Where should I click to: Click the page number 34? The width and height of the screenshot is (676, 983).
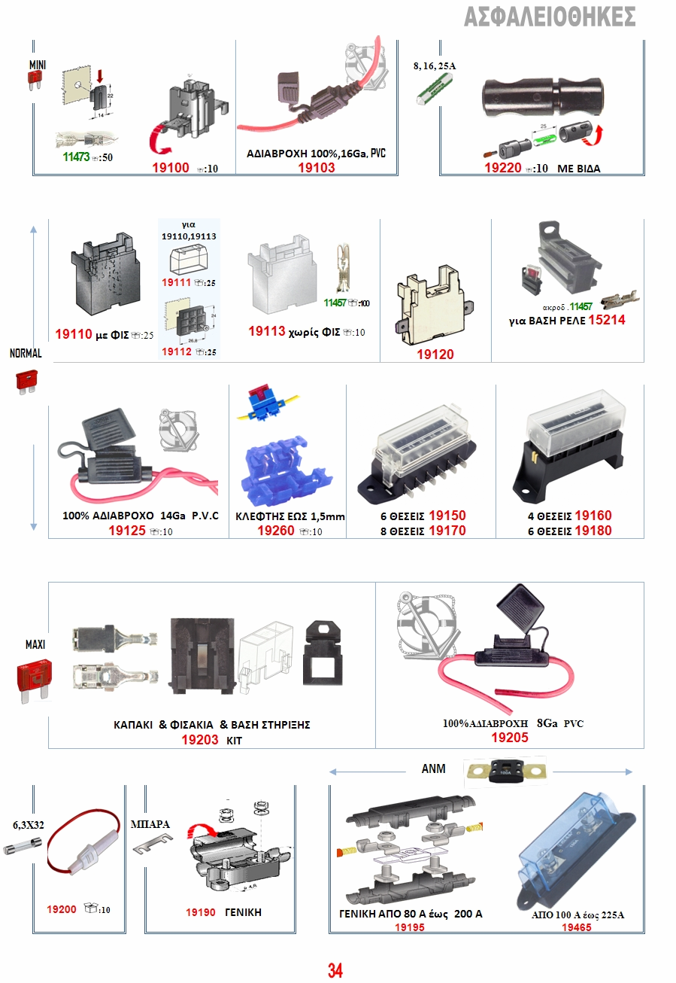click(x=335, y=970)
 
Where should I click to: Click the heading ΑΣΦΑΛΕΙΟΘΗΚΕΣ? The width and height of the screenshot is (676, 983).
click(x=550, y=17)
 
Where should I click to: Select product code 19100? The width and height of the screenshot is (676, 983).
click(x=171, y=168)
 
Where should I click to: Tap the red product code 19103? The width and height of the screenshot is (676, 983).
click(x=317, y=168)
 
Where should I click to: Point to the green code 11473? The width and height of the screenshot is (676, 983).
click(x=77, y=158)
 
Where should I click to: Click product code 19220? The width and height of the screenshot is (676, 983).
click(x=503, y=168)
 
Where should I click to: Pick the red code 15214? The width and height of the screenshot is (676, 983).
click(x=606, y=320)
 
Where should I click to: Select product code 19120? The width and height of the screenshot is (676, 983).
click(x=436, y=354)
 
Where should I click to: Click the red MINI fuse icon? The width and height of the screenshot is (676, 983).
click(x=34, y=84)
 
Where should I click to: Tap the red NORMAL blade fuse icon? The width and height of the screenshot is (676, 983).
click(x=26, y=381)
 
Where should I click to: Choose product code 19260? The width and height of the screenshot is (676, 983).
click(x=276, y=531)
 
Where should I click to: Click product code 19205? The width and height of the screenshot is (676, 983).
click(x=510, y=738)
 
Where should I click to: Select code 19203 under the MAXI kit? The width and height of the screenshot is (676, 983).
click(x=200, y=740)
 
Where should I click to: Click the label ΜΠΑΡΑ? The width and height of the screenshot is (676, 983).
click(x=150, y=824)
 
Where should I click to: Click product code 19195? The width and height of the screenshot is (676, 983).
click(x=410, y=928)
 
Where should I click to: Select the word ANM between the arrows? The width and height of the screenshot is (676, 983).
click(x=433, y=769)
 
